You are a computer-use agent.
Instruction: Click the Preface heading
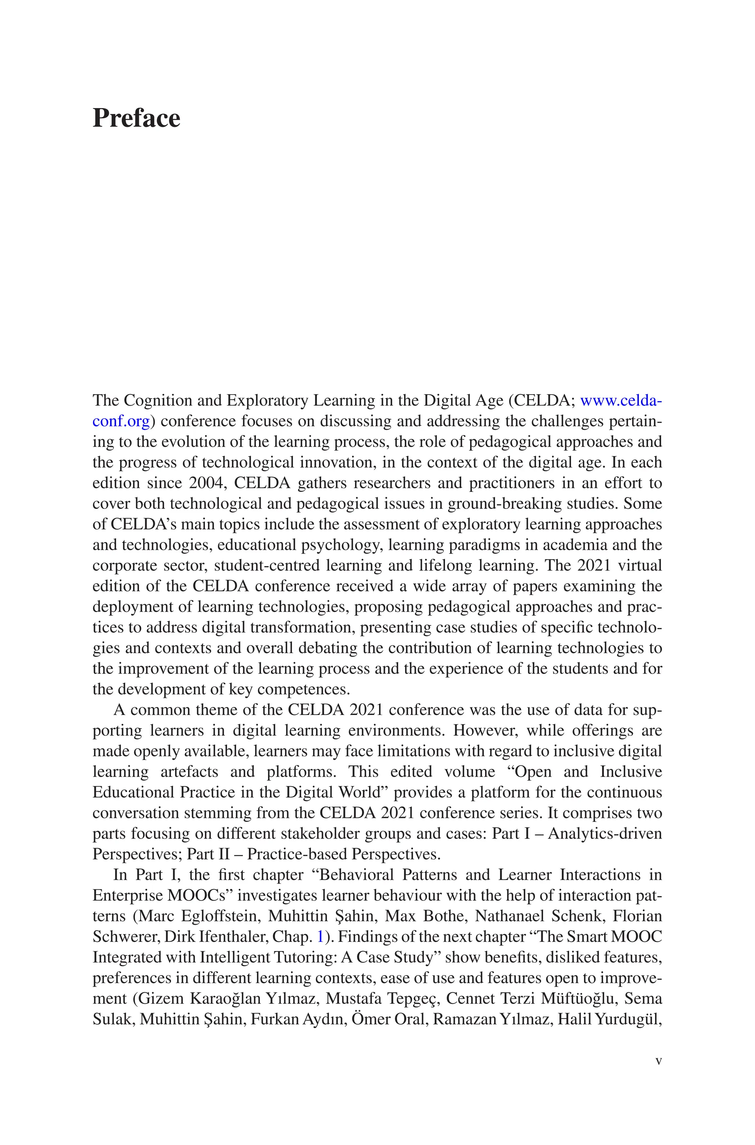point(136,118)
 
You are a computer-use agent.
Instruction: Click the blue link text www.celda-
point(621,400)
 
